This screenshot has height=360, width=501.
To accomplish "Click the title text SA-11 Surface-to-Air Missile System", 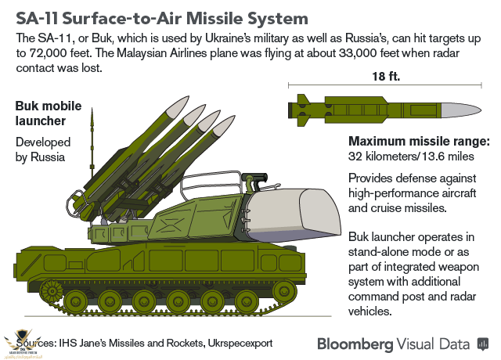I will (x=157, y=16).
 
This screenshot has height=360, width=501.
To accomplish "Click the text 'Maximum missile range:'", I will (x=419, y=141).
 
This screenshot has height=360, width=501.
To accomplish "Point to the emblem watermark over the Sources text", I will (x=21, y=343).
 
